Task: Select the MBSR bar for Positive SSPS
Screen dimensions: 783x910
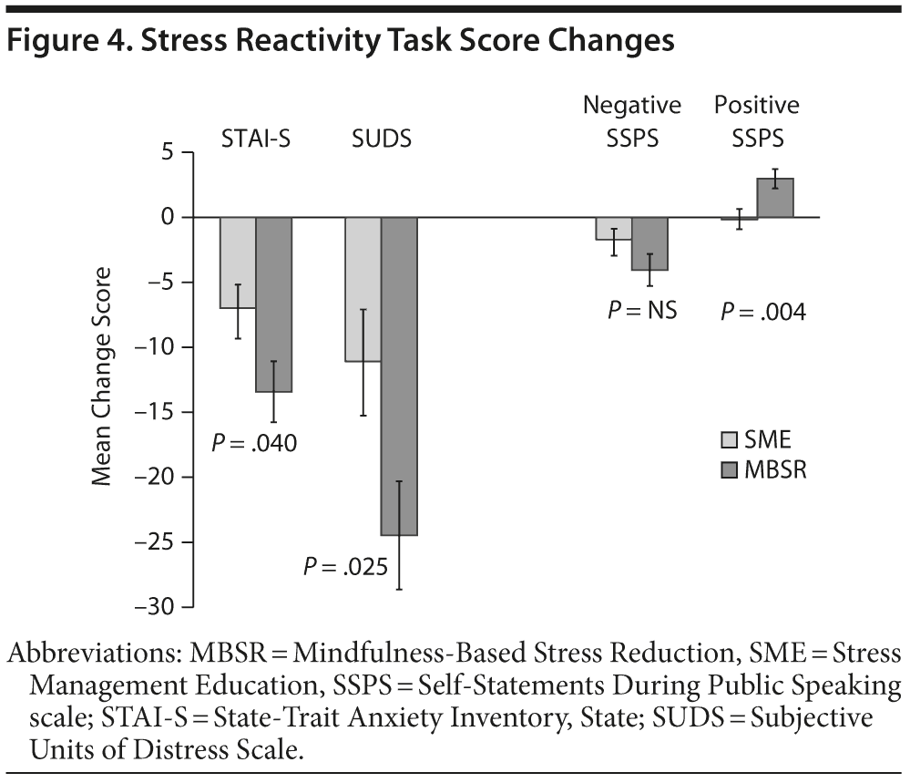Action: (775, 198)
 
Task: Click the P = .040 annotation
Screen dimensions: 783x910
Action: (254, 444)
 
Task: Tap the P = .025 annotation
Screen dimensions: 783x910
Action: (345, 568)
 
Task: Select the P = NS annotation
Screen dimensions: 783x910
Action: (642, 311)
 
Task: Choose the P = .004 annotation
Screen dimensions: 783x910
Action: (763, 312)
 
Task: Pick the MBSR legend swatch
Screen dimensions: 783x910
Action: (729, 470)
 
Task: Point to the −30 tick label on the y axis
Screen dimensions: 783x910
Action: (152, 607)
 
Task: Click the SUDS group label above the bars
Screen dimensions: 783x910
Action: (381, 139)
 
